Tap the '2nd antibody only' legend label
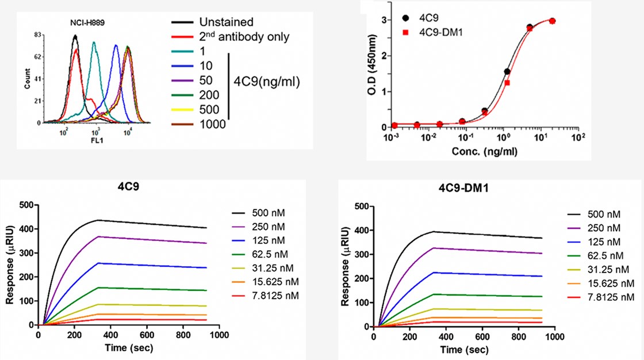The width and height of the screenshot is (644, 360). point(244,37)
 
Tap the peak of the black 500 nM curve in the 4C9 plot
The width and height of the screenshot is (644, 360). point(98,220)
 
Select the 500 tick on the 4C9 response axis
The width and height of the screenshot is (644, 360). point(25,204)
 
